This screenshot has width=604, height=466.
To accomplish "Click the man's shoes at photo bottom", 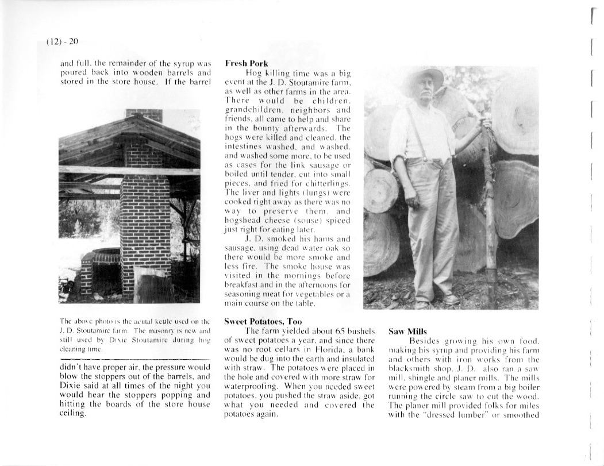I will (x=437, y=301).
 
